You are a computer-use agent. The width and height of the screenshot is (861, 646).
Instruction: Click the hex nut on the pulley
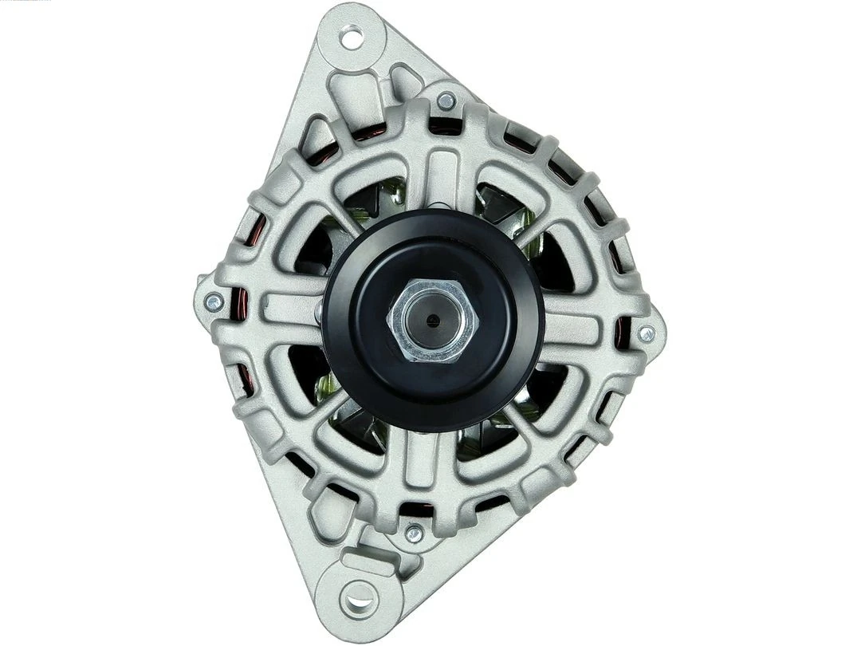(x=432, y=321)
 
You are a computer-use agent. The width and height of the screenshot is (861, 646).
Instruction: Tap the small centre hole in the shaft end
(x=432, y=321)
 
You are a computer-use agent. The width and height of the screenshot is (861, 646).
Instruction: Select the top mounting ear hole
(x=351, y=36)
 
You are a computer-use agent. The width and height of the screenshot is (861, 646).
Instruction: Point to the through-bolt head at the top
(x=446, y=100)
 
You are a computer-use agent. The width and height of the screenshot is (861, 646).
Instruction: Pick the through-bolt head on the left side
(x=214, y=302)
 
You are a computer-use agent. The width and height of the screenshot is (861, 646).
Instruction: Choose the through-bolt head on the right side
(x=646, y=334)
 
